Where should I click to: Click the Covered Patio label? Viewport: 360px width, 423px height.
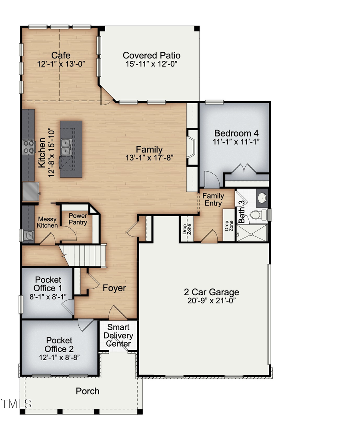(x=151, y=55)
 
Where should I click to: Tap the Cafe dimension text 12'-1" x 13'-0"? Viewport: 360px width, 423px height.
(x=61, y=64)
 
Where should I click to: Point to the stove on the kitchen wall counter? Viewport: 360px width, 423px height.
(x=28, y=146)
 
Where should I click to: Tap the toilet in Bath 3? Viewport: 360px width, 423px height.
(x=256, y=215)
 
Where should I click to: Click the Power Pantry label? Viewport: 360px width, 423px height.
(x=78, y=219)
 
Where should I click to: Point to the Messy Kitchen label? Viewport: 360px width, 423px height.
(x=48, y=222)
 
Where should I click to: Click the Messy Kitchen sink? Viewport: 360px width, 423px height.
(x=29, y=235)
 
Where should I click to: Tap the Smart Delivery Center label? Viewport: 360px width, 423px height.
(x=118, y=335)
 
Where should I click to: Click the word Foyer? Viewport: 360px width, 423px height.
(x=114, y=288)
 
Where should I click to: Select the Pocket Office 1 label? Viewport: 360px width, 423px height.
(x=48, y=284)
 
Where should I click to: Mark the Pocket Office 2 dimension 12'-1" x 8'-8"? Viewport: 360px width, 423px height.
(x=59, y=357)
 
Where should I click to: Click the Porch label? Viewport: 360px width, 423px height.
(x=88, y=391)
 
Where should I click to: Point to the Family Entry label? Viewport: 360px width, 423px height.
(x=213, y=199)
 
